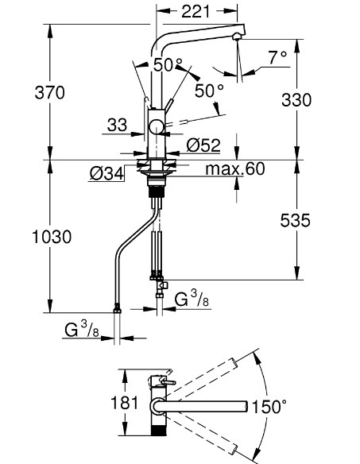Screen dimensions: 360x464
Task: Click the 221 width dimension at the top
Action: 195,12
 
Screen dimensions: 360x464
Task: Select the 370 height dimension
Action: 50,92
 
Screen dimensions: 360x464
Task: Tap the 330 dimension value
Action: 296,100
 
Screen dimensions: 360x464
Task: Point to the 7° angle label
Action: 277,57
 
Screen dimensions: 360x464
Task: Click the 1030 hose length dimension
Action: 52,237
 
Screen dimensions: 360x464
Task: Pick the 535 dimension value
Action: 296,220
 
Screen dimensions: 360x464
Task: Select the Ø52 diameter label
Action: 203,145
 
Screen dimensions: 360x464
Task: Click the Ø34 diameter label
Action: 106,174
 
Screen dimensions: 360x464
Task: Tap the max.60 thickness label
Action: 235,168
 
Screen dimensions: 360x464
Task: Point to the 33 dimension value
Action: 117,125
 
